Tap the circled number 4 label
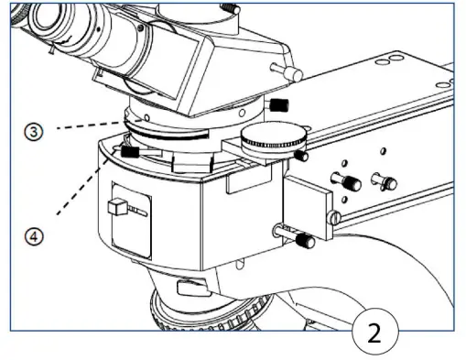pos(33,236)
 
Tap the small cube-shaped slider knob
pos(115,208)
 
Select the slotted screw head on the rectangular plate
pos(336,216)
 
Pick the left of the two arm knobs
pos(348,180)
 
